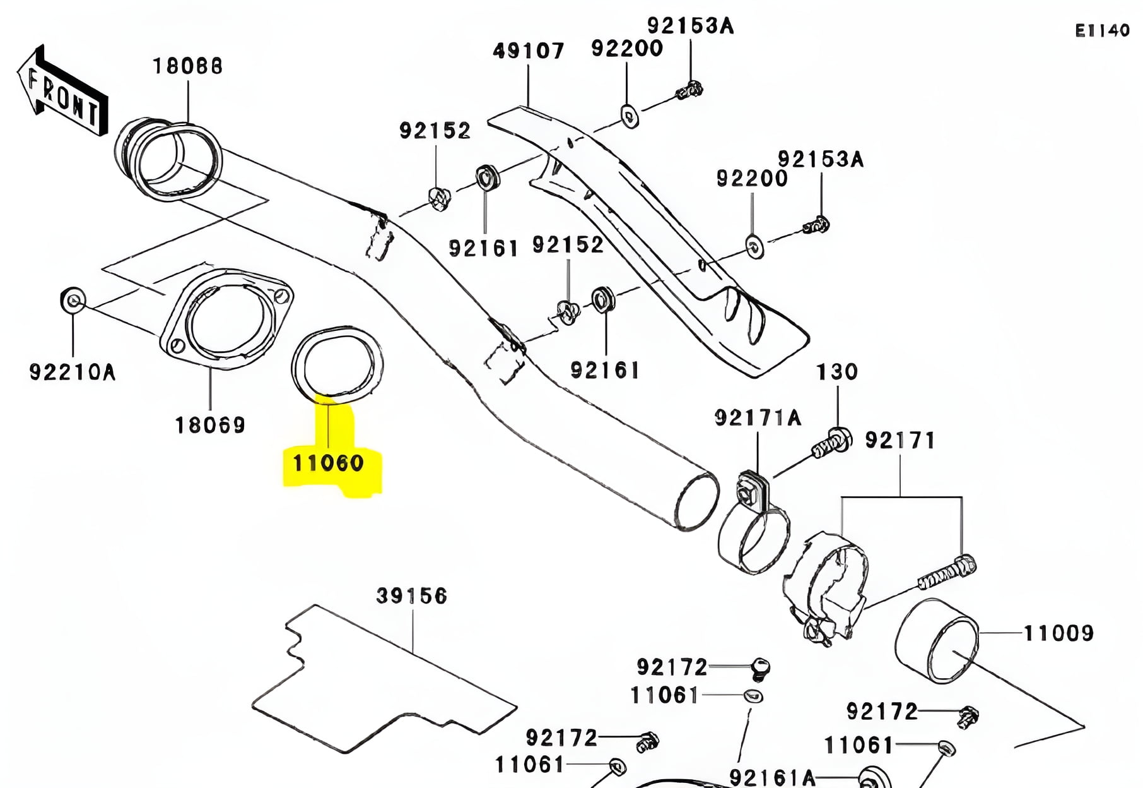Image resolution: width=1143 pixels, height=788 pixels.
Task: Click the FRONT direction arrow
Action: (x=62, y=92)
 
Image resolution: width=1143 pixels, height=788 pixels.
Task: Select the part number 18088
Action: (x=187, y=66)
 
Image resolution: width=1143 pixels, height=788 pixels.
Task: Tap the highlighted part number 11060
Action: (x=329, y=463)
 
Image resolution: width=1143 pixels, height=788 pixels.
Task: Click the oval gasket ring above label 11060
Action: (x=337, y=364)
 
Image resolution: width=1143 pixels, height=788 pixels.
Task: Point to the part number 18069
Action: (x=210, y=425)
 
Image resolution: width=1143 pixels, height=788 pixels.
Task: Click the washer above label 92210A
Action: (x=73, y=301)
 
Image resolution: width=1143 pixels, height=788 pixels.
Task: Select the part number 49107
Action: (x=528, y=51)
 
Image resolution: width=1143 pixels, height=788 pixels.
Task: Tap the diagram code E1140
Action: (x=1102, y=30)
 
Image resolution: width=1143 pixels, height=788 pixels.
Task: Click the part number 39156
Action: (x=411, y=595)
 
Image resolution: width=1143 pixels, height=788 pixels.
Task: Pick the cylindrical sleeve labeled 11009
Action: (x=935, y=640)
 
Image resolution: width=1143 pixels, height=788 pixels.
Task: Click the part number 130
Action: (x=837, y=371)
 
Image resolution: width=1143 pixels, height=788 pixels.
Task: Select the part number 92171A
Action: (x=758, y=417)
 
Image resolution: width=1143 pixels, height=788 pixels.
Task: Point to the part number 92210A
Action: (x=73, y=372)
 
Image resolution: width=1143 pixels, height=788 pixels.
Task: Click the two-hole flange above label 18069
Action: (x=226, y=319)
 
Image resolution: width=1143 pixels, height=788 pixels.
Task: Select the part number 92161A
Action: (x=772, y=777)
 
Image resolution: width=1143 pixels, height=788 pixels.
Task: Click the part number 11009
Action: (x=1058, y=633)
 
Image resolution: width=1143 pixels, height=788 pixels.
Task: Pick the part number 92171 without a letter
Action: (x=900, y=440)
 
